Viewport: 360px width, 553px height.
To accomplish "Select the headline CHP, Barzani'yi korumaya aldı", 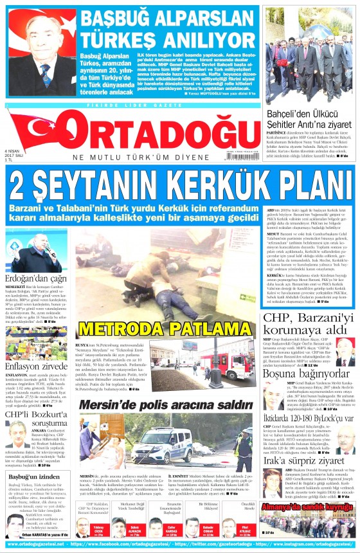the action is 308,325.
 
